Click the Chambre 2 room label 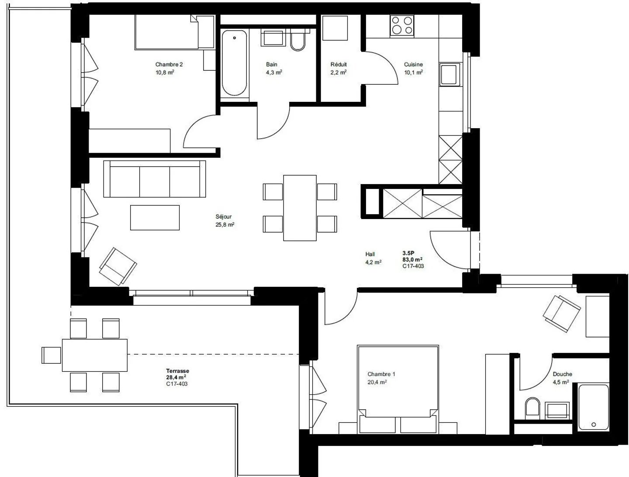point(169,64)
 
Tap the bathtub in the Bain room point(234,63)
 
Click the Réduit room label point(339,64)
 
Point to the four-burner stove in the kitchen point(402,25)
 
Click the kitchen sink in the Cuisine point(450,74)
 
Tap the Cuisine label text point(413,64)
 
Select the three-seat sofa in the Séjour point(154,179)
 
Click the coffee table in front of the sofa point(155,217)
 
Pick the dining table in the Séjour point(300,208)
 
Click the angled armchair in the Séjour point(118,266)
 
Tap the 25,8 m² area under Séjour point(225,224)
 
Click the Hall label point(370,254)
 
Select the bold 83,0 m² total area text point(412,259)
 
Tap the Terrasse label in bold point(177,371)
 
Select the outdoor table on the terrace point(94,355)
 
